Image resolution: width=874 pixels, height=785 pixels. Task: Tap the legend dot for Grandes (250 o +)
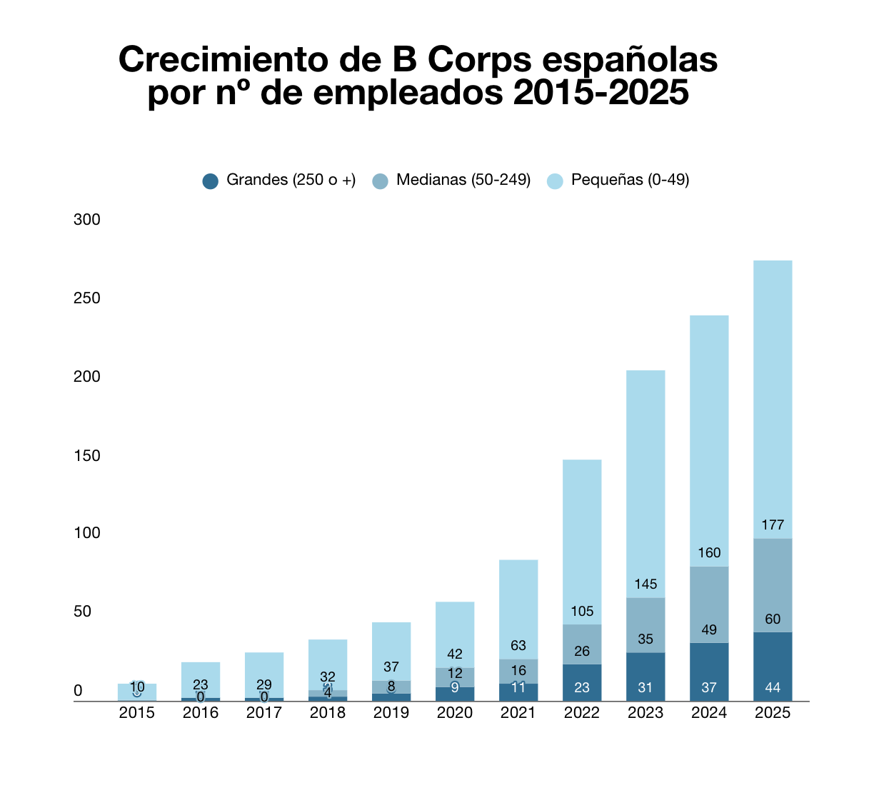click(210, 181)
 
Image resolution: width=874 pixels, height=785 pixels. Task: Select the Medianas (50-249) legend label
click(463, 180)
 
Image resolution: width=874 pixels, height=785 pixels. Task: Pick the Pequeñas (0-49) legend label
click(630, 180)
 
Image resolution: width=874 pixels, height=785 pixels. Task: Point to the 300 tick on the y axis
click(87, 220)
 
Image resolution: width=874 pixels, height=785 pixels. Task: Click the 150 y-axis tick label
click(87, 455)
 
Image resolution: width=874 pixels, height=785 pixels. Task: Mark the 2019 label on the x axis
click(391, 713)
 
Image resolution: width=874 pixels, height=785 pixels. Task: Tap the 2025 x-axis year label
click(773, 713)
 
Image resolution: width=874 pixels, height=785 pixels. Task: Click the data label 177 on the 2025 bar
click(773, 525)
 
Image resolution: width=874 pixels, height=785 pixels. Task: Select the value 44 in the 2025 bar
click(773, 688)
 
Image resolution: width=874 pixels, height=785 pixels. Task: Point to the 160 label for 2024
click(709, 553)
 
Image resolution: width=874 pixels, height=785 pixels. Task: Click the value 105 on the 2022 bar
click(582, 612)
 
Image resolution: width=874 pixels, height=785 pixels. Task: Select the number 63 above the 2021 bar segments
click(518, 646)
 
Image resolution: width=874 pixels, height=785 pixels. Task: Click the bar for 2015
click(137, 692)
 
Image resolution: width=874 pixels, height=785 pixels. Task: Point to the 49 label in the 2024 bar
click(709, 630)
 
